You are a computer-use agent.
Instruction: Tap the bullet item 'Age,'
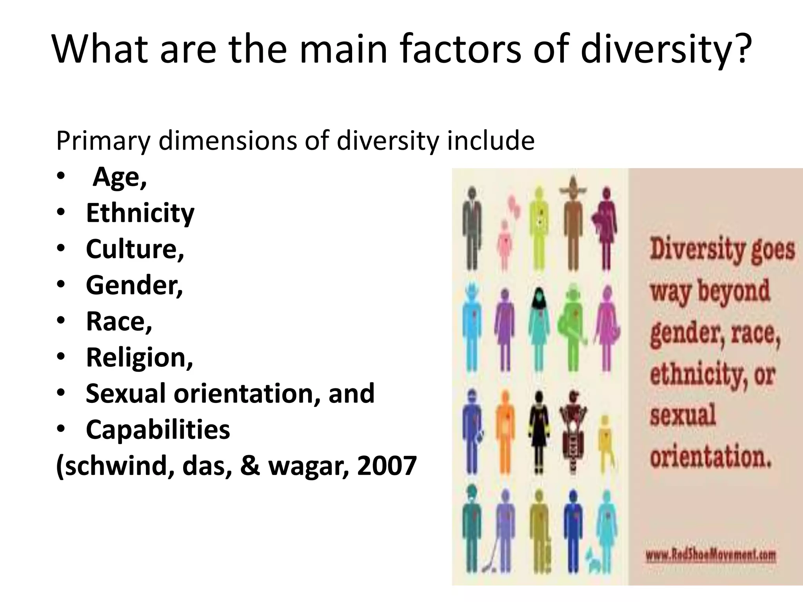click(x=120, y=177)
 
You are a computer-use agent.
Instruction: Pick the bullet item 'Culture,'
click(x=135, y=249)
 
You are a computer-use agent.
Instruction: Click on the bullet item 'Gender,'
click(x=134, y=285)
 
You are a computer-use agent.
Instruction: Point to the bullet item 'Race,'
click(x=119, y=321)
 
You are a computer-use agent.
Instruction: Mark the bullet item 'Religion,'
click(x=139, y=357)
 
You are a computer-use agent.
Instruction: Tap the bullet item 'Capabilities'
click(x=158, y=430)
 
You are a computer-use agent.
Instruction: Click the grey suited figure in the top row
click(x=471, y=227)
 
